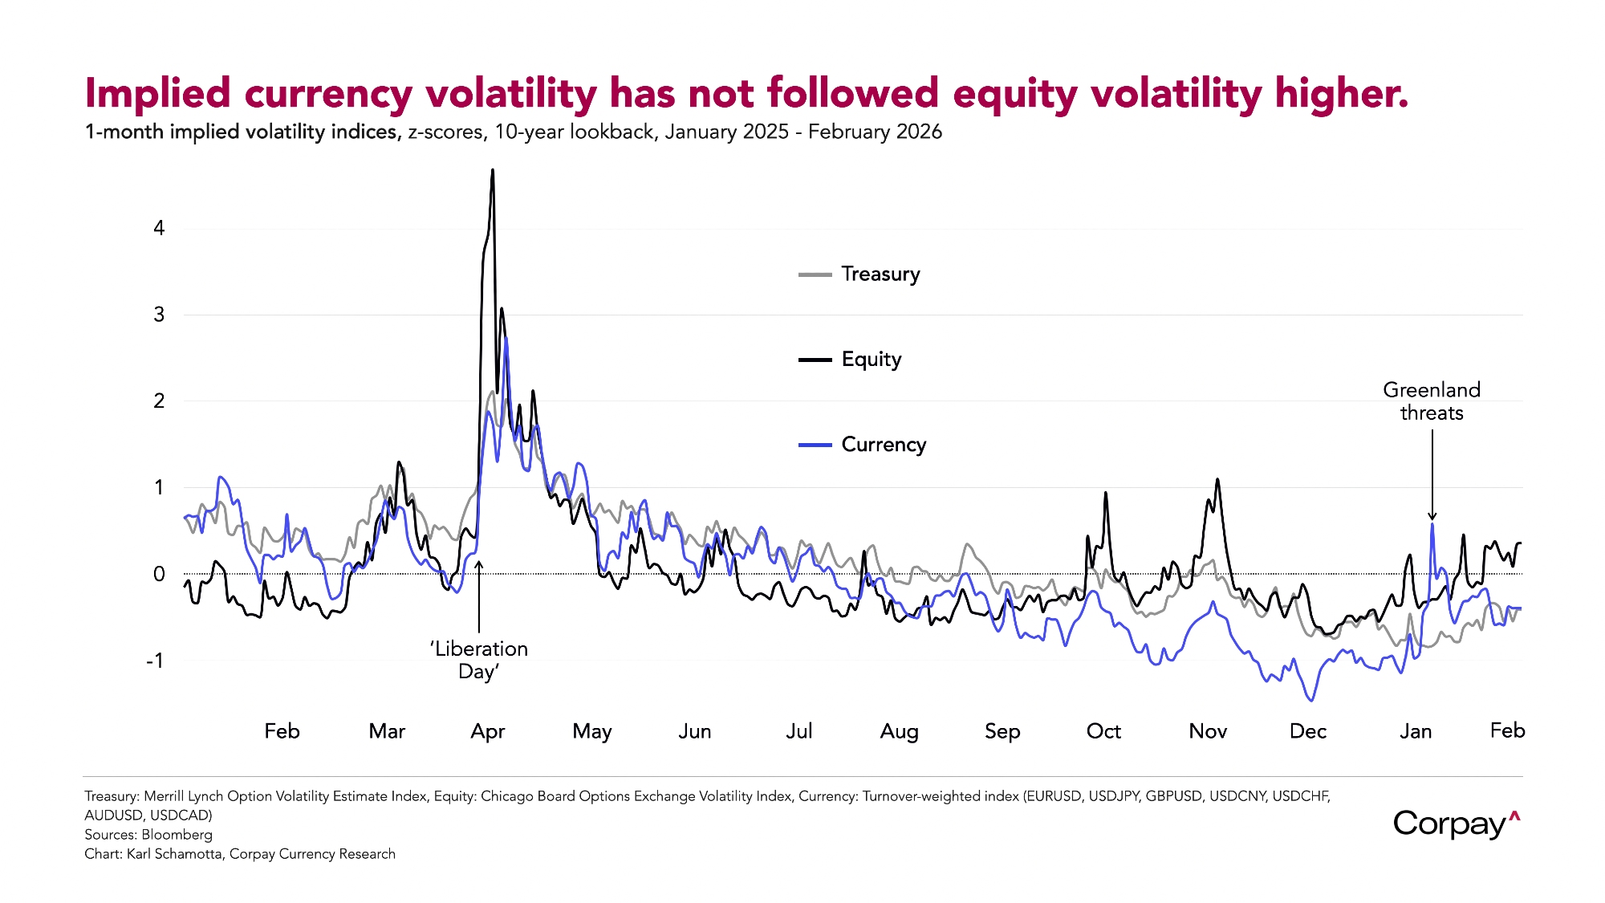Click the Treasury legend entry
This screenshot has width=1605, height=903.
(x=880, y=275)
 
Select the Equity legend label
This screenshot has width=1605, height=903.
(x=871, y=360)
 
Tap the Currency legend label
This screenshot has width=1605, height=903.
(x=884, y=445)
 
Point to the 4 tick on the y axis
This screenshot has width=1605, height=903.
(x=159, y=229)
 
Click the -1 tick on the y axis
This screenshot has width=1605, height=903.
(x=155, y=661)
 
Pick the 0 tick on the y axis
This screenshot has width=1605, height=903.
(x=159, y=574)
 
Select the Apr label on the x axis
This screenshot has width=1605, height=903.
(x=487, y=731)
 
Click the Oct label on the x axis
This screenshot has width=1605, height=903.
(x=1103, y=731)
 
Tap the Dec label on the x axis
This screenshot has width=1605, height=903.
(x=1307, y=731)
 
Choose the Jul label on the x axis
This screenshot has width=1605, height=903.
(x=798, y=731)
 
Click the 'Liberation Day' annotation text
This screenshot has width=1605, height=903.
(x=479, y=660)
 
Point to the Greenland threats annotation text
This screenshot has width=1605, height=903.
(x=1432, y=401)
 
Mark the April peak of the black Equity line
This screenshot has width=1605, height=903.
(x=493, y=170)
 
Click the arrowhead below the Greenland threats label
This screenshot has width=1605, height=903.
(x=1432, y=517)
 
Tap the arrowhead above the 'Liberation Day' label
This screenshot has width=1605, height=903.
(x=479, y=564)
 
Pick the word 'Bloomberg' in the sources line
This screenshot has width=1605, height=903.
(x=177, y=835)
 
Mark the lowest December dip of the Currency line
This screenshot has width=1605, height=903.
(x=1312, y=701)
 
